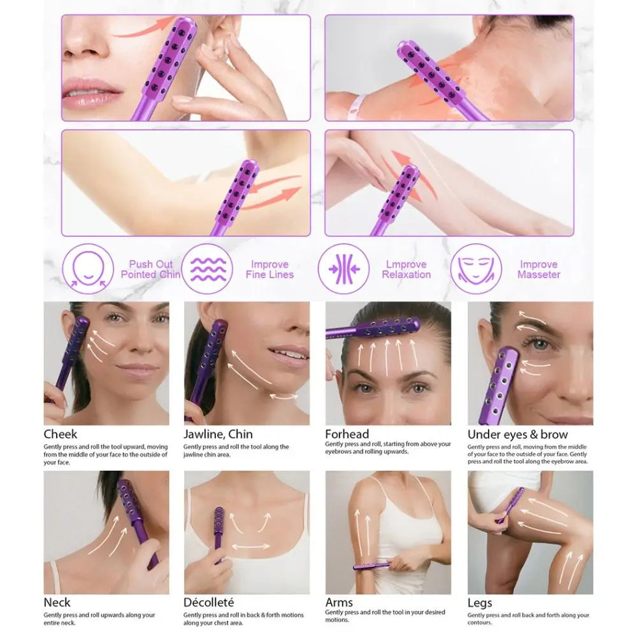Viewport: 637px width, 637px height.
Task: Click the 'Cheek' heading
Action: [x=61, y=434]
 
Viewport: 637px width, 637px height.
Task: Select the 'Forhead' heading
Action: [x=347, y=434]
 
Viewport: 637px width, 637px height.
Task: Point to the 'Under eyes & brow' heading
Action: [x=517, y=434]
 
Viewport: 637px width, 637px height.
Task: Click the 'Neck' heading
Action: [x=57, y=603]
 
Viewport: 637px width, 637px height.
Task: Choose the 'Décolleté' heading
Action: [x=209, y=603]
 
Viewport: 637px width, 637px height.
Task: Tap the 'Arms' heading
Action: [x=340, y=603]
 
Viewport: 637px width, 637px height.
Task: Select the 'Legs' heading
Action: [x=480, y=603]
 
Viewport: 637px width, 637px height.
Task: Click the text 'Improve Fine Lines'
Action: [x=269, y=269]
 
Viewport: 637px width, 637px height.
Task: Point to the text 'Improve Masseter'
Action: [x=538, y=269]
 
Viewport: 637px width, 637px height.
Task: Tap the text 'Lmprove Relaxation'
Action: [x=406, y=269]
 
